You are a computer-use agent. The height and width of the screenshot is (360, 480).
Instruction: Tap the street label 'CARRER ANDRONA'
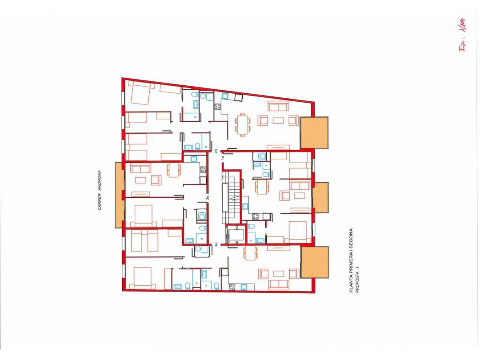(100, 191)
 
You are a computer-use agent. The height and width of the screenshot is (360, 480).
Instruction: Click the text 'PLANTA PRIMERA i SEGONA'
(351, 260)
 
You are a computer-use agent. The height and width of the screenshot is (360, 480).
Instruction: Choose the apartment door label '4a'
(216, 244)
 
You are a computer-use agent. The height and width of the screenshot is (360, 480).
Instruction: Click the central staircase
(232, 196)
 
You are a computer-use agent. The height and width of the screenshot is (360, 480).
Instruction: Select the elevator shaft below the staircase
(235, 234)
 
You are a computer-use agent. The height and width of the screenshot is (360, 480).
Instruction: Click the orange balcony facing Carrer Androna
(118, 195)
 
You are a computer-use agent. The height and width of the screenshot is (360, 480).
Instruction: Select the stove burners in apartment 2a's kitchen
(218, 107)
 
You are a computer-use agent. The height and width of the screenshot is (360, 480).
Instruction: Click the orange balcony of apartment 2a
(315, 132)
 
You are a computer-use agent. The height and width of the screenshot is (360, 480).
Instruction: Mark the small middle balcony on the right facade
(320, 197)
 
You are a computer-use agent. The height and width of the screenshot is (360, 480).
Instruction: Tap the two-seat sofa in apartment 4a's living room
(279, 284)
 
